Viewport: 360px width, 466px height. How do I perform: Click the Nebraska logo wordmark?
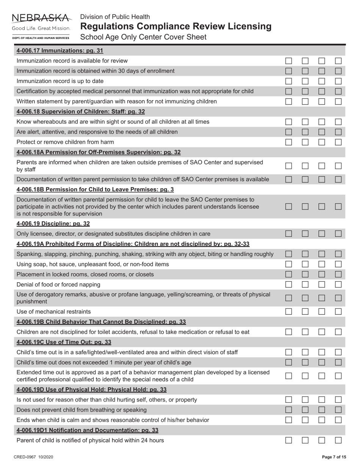coord(41,18)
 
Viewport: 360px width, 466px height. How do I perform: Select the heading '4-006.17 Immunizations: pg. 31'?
coord(60,50)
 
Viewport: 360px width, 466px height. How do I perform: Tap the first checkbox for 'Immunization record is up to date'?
coord(289,81)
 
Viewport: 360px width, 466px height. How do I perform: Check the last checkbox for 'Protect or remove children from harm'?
coord(338,142)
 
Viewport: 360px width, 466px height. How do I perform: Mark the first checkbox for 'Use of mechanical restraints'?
coord(289,312)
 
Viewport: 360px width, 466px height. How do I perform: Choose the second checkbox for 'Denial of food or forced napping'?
coord(305,285)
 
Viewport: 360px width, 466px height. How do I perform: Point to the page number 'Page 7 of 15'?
coord(334,457)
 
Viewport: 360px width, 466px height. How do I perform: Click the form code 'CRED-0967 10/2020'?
coord(33,457)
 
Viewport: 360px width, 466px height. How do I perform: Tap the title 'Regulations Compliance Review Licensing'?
coord(176,27)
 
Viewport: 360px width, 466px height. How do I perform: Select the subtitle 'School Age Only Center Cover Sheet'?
coord(143,37)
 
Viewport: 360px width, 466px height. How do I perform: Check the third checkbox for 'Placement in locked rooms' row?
coord(322,274)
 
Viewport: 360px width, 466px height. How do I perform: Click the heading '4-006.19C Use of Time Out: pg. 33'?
coord(64,342)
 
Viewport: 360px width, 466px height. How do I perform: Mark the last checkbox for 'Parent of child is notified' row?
coord(338,441)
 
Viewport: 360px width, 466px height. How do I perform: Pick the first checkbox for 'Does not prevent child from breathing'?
coord(289,410)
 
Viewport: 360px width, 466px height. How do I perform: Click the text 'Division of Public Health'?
coord(115,17)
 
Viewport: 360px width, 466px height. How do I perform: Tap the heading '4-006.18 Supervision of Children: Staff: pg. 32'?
coord(81,111)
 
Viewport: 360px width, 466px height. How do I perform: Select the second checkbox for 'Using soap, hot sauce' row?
coord(305,264)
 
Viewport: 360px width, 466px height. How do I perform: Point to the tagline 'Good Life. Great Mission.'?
coord(41,28)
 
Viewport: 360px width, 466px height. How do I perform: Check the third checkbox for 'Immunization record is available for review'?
coord(322,61)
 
